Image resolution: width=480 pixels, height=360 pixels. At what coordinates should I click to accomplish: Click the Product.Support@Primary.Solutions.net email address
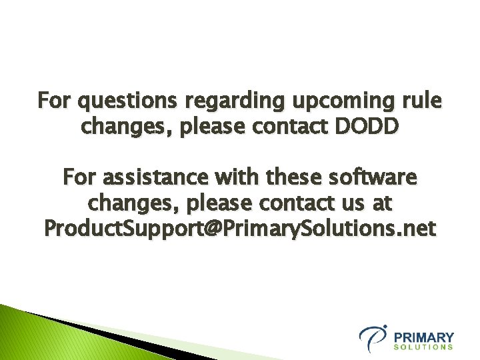[x=239, y=229]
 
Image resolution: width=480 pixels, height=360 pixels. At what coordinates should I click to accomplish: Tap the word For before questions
[x=55, y=101]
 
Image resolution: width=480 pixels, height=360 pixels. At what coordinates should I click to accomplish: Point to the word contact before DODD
[x=286, y=125]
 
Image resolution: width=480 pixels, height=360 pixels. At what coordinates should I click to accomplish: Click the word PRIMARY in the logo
[x=424, y=337]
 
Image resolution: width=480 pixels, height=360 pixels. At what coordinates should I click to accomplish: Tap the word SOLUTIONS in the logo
[x=424, y=347]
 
